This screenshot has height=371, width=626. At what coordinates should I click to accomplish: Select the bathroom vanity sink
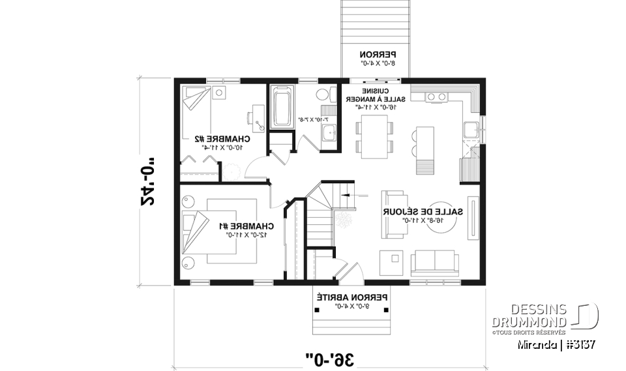(x=329, y=133)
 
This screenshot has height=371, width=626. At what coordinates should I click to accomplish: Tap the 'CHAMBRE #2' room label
(x=222, y=139)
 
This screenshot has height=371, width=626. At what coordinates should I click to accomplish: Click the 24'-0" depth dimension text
(x=149, y=180)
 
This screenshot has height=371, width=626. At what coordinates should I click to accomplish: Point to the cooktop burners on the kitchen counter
(x=436, y=97)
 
